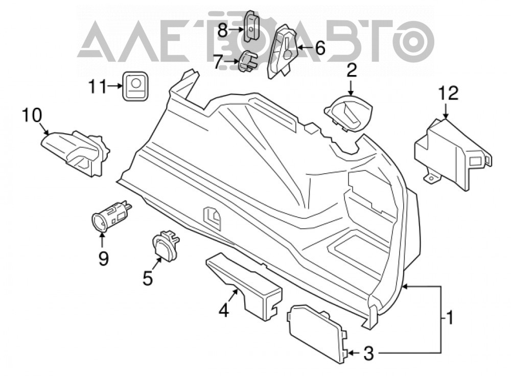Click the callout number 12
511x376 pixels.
tap(448, 93)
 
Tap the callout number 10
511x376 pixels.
tap(32, 115)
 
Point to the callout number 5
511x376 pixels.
tap(148, 278)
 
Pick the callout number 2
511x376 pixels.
tap(352, 70)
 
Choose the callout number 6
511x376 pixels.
tap(320, 48)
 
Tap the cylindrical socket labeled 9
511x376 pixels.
tap(111, 216)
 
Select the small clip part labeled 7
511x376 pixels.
tap(248, 61)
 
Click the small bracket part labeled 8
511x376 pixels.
tap(251, 27)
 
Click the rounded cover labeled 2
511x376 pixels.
tap(349, 112)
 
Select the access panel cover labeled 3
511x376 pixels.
tap(316, 334)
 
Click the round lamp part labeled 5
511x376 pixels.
tap(165, 245)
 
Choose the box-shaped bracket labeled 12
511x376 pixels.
tap(452, 154)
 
